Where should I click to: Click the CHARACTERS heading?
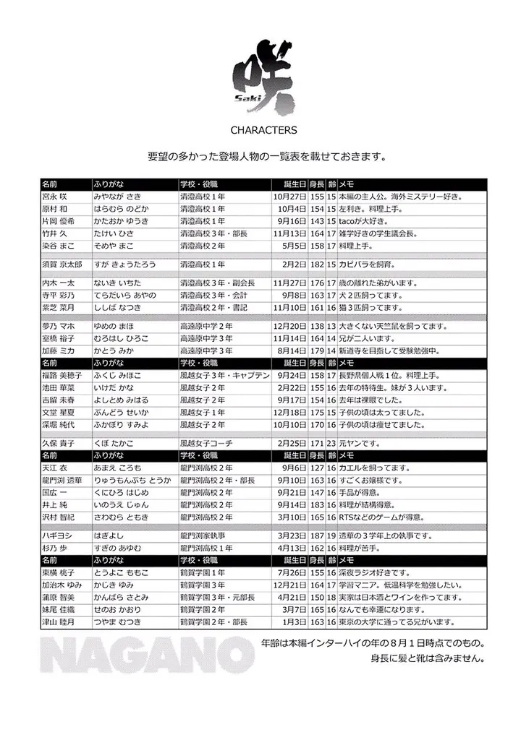[x=263, y=131]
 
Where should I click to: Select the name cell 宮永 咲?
[x=59, y=196]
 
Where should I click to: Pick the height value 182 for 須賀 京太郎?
[x=316, y=264]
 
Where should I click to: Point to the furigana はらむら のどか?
[x=121, y=208]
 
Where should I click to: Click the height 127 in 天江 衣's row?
[x=316, y=468]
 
